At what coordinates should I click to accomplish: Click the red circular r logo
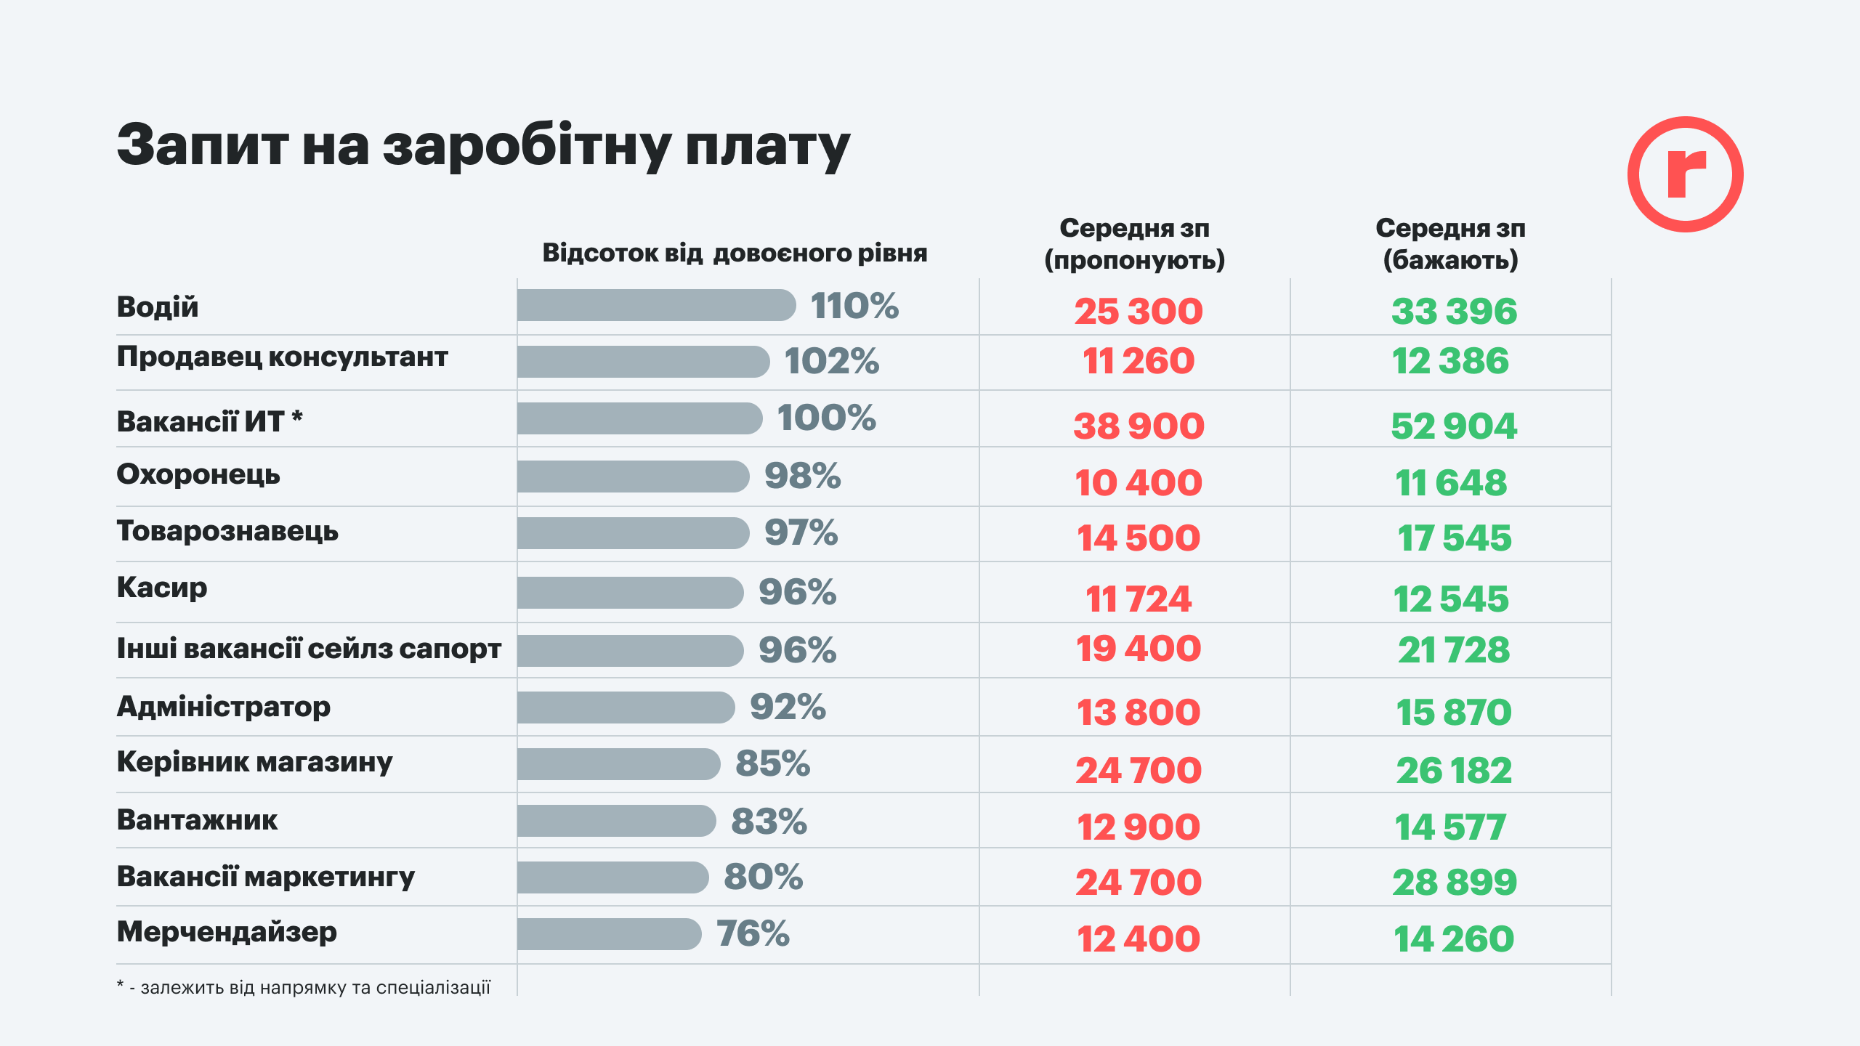click(x=1685, y=174)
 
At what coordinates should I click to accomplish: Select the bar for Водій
click(x=655, y=305)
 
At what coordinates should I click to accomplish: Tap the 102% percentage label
click(x=831, y=361)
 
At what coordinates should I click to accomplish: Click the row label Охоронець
click(x=198, y=474)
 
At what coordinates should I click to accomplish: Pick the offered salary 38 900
click(x=1139, y=426)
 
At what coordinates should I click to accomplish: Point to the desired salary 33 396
click(x=1454, y=311)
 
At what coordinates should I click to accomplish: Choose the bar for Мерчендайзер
click(x=609, y=934)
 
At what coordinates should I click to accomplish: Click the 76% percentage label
click(x=753, y=934)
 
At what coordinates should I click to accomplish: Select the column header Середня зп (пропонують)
click(x=1134, y=244)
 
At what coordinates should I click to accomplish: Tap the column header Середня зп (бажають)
click(x=1450, y=244)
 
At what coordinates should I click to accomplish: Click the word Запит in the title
click(x=203, y=145)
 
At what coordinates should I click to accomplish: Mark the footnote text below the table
click(x=304, y=988)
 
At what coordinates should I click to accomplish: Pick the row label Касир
click(x=162, y=588)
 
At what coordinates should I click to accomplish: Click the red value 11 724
click(x=1139, y=599)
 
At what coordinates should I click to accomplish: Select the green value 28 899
click(x=1454, y=883)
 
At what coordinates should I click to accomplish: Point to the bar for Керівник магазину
click(x=618, y=764)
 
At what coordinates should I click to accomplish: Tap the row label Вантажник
click(x=197, y=820)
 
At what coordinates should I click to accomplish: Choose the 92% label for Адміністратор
click(x=788, y=708)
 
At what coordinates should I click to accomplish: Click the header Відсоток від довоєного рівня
click(x=735, y=253)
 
